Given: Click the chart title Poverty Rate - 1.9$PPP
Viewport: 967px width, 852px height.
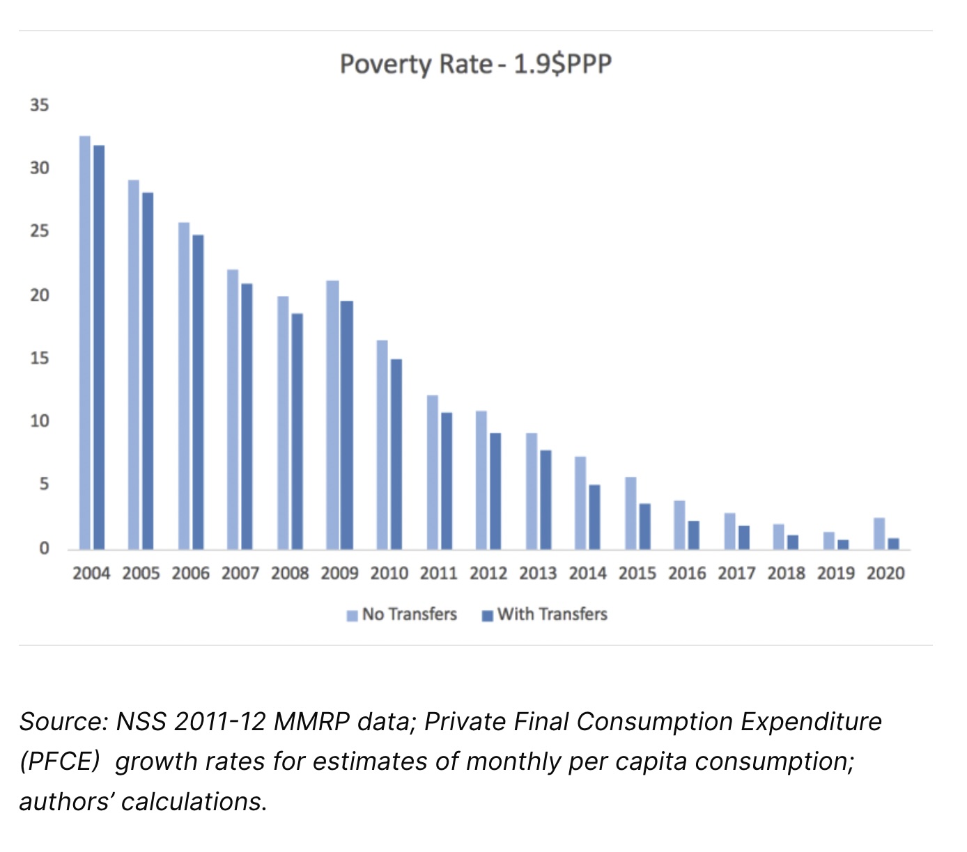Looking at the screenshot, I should [476, 65].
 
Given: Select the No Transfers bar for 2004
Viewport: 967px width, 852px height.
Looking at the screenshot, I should [85, 342].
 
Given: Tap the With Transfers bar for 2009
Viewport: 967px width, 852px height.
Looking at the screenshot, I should [346, 425].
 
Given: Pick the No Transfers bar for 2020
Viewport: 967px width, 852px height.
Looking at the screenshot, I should [879, 534].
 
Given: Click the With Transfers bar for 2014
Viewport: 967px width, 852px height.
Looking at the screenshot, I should [594, 517].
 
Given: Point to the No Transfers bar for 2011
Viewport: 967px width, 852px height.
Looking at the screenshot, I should [433, 473].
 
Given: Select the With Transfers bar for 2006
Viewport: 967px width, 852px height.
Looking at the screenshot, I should [198, 392].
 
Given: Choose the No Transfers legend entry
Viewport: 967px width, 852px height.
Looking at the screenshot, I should [403, 615].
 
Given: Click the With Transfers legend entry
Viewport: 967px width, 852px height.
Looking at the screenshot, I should [545, 615].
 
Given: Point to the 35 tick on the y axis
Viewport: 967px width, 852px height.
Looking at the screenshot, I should [40, 105].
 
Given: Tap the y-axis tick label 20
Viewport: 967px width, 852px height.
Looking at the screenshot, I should [40, 295].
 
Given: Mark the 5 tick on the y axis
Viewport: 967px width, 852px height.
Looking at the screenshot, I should [44, 484].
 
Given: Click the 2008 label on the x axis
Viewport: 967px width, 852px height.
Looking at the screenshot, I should [290, 574].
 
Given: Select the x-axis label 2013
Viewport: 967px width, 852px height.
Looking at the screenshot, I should [538, 574].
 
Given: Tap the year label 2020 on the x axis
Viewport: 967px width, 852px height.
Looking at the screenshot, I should [885, 574].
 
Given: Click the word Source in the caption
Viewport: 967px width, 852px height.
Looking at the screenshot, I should [62, 722].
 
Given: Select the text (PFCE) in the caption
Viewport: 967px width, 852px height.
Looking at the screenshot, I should [60, 762].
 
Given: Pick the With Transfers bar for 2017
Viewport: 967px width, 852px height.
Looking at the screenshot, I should [744, 537].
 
